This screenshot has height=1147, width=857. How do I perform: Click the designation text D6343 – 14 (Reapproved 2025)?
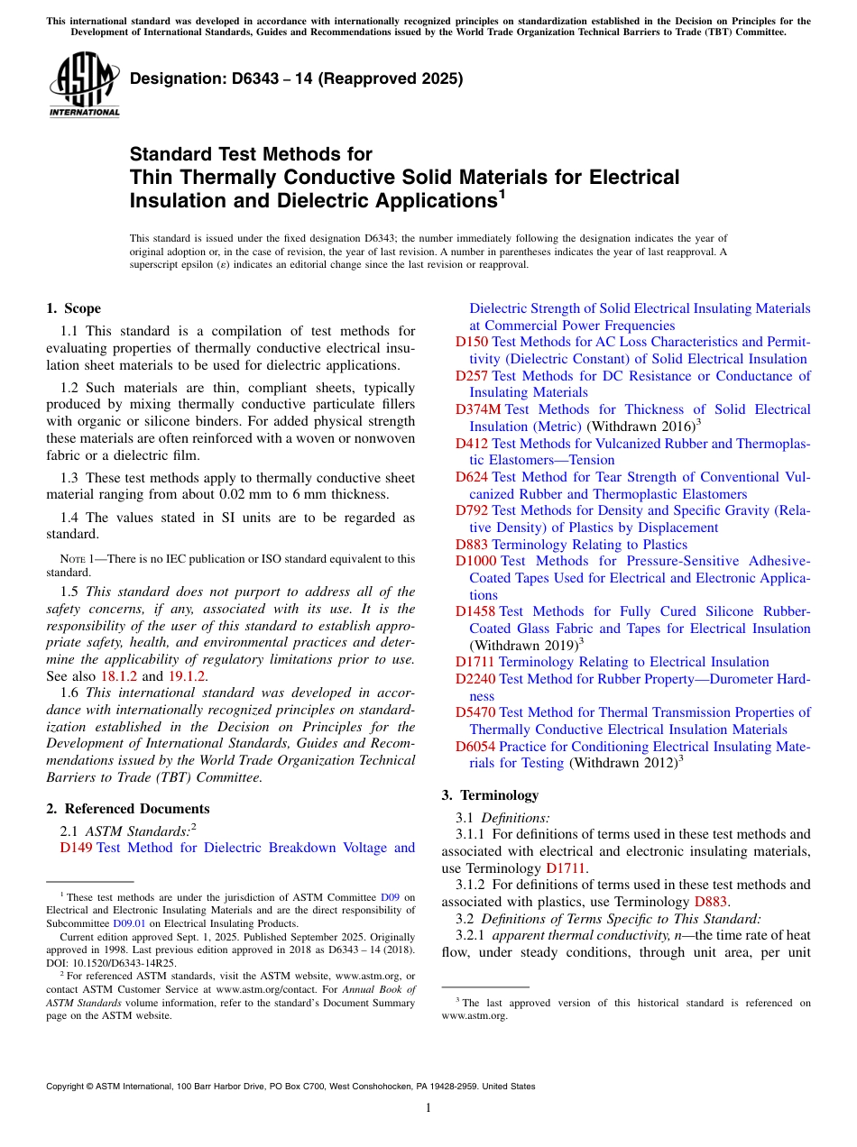296,78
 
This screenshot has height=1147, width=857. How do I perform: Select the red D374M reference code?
477,409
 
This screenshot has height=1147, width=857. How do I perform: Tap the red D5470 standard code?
475,712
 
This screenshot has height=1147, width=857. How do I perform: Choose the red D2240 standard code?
475,679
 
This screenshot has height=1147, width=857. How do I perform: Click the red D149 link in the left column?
76,848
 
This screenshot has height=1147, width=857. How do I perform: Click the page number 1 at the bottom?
428,1108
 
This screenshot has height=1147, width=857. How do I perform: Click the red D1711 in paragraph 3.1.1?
567,868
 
